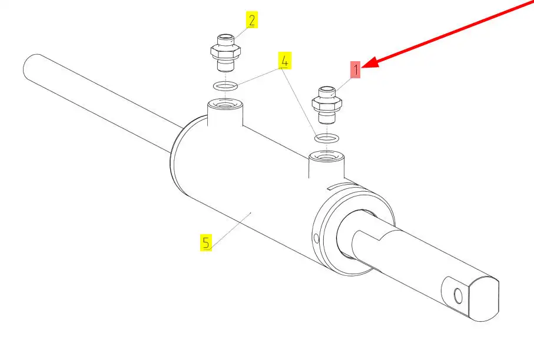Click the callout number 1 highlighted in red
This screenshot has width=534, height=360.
[355, 70]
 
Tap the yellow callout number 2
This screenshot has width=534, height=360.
[251, 20]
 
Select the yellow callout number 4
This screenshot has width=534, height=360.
[285, 60]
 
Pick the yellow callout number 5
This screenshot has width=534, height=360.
[205, 242]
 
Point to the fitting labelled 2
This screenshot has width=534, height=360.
[225, 53]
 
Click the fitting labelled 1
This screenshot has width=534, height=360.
[327, 105]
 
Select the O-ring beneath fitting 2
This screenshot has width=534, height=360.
[225, 86]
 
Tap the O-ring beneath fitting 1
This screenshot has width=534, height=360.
[327, 138]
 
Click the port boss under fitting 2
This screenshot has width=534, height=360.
[225, 112]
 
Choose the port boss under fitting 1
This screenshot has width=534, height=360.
[326, 166]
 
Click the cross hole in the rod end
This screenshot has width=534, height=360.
[459, 296]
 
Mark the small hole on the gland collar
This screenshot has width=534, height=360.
[316, 238]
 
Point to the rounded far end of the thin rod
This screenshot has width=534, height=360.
[29, 66]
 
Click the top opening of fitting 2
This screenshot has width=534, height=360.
[225, 36]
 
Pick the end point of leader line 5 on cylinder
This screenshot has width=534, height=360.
[251, 213]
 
